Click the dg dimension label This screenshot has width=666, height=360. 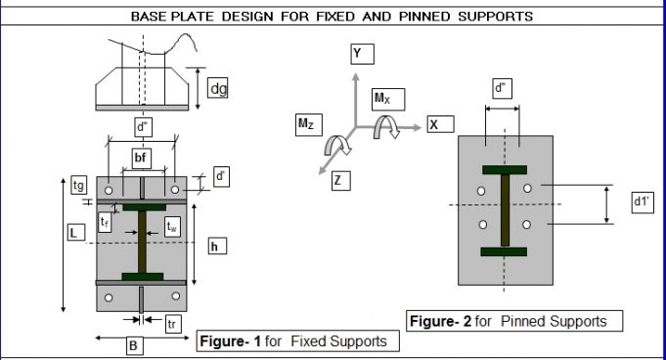[218, 89]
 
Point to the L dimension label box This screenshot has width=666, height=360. [72, 233]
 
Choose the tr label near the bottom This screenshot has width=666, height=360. [174, 324]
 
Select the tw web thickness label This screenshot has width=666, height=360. [172, 227]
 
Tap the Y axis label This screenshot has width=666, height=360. [361, 55]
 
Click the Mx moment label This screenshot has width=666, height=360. [387, 99]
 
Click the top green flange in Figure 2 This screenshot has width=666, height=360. [504, 169]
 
